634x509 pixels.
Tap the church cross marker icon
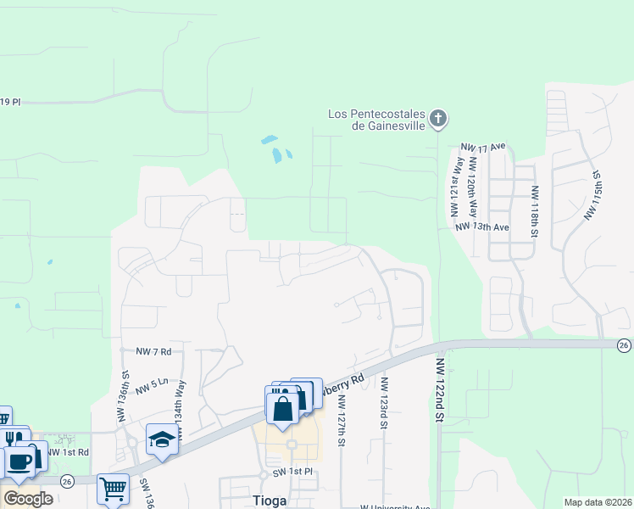tap(437, 118)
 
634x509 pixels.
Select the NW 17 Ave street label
tap(482, 147)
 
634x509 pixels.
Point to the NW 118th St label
tap(535, 210)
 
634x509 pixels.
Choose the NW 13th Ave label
tap(481, 227)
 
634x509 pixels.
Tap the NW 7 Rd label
tap(153, 350)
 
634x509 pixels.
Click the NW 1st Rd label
tap(69, 452)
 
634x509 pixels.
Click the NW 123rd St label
tap(383, 406)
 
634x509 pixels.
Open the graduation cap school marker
tap(160, 439)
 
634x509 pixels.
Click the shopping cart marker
tap(113, 488)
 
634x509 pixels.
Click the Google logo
tap(27, 498)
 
